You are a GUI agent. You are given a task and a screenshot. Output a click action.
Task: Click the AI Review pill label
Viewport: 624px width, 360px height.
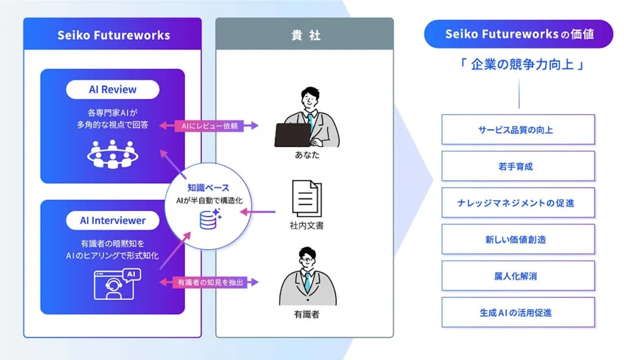point(113,90)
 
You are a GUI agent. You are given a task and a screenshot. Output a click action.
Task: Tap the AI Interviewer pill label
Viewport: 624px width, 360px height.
point(113,220)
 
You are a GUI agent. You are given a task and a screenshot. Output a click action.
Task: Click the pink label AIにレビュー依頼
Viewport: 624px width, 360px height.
point(210,125)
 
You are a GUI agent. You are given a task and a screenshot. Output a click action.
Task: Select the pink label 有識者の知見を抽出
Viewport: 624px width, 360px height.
point(210,283)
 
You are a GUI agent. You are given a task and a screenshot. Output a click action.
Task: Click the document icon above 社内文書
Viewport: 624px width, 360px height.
point(307,198)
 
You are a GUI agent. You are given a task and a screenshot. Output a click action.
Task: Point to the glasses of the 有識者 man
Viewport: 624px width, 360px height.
point(307,260)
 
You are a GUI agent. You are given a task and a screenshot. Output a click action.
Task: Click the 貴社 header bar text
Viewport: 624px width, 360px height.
point(305,35)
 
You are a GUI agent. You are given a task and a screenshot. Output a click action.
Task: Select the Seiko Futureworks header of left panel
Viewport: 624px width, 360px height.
point(113,35)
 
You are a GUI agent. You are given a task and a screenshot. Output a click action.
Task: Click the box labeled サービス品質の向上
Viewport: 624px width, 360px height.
point(518,130)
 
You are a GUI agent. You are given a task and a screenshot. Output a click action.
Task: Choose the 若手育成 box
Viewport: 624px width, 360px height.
point(518,166)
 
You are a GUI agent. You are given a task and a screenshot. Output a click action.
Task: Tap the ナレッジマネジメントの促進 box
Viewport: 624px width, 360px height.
point(518,203)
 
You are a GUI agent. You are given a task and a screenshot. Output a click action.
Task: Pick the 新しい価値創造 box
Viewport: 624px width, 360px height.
point(518,239)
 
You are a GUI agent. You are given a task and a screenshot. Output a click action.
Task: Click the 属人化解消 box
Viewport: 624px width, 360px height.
point(518,276)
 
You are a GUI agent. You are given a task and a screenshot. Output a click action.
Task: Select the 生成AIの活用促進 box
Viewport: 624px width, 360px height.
point(518,312)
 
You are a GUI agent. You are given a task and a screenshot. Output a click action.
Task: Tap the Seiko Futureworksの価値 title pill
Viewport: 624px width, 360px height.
point(519,34)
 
